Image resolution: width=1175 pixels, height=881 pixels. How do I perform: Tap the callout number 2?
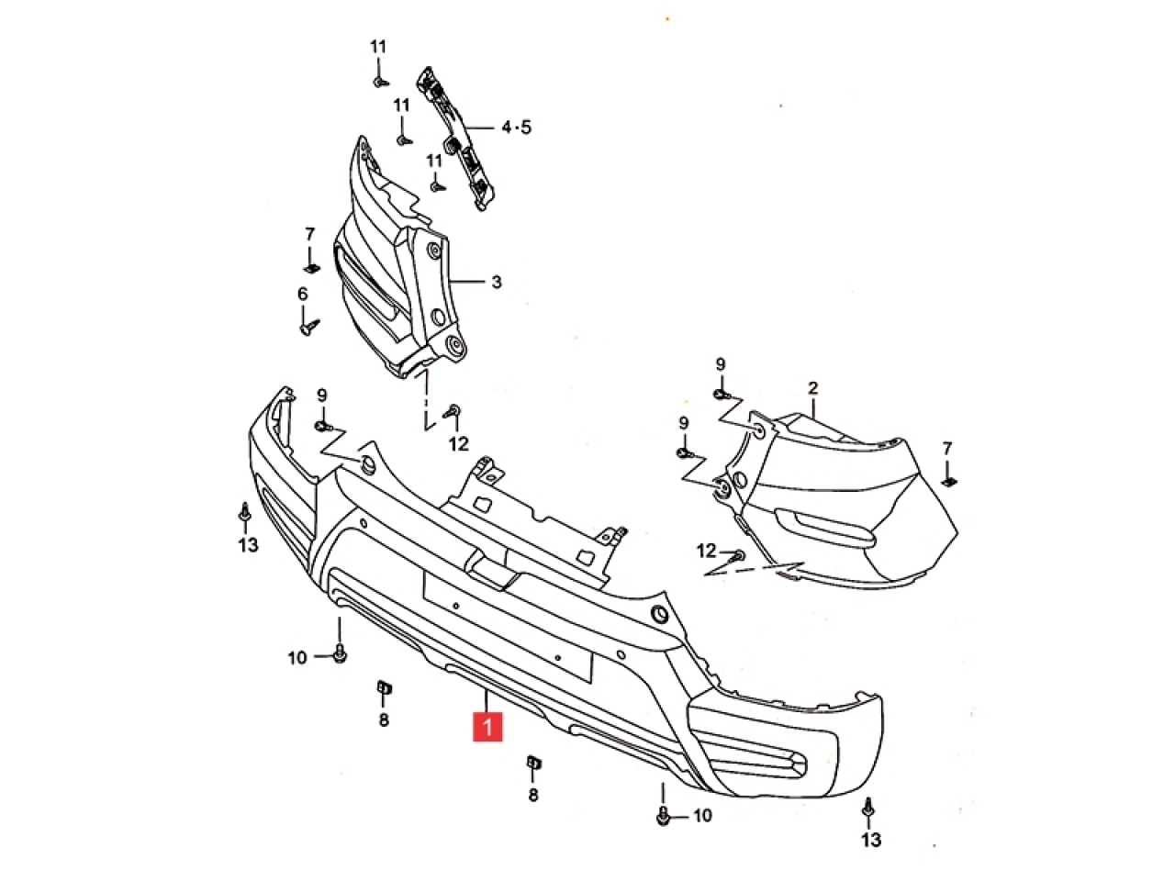(813, 388)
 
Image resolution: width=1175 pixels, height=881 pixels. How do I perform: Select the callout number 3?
(497, 282)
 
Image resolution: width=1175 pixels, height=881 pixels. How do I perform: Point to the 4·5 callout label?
(517, 128)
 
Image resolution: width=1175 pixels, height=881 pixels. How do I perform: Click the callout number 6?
(303, 294)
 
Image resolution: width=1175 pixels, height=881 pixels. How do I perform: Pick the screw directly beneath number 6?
(309, 326)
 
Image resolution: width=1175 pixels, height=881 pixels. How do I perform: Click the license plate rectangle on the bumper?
(508, 627)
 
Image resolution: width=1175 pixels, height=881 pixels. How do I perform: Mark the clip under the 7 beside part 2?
(949, 482)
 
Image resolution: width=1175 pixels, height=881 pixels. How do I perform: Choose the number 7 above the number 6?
(310, 234)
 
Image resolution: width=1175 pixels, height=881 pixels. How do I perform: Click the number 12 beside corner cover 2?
(707, 551)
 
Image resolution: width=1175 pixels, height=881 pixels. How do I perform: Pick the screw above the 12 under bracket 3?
(453, 411)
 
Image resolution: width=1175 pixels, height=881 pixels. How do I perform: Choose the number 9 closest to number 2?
(721, 364)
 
